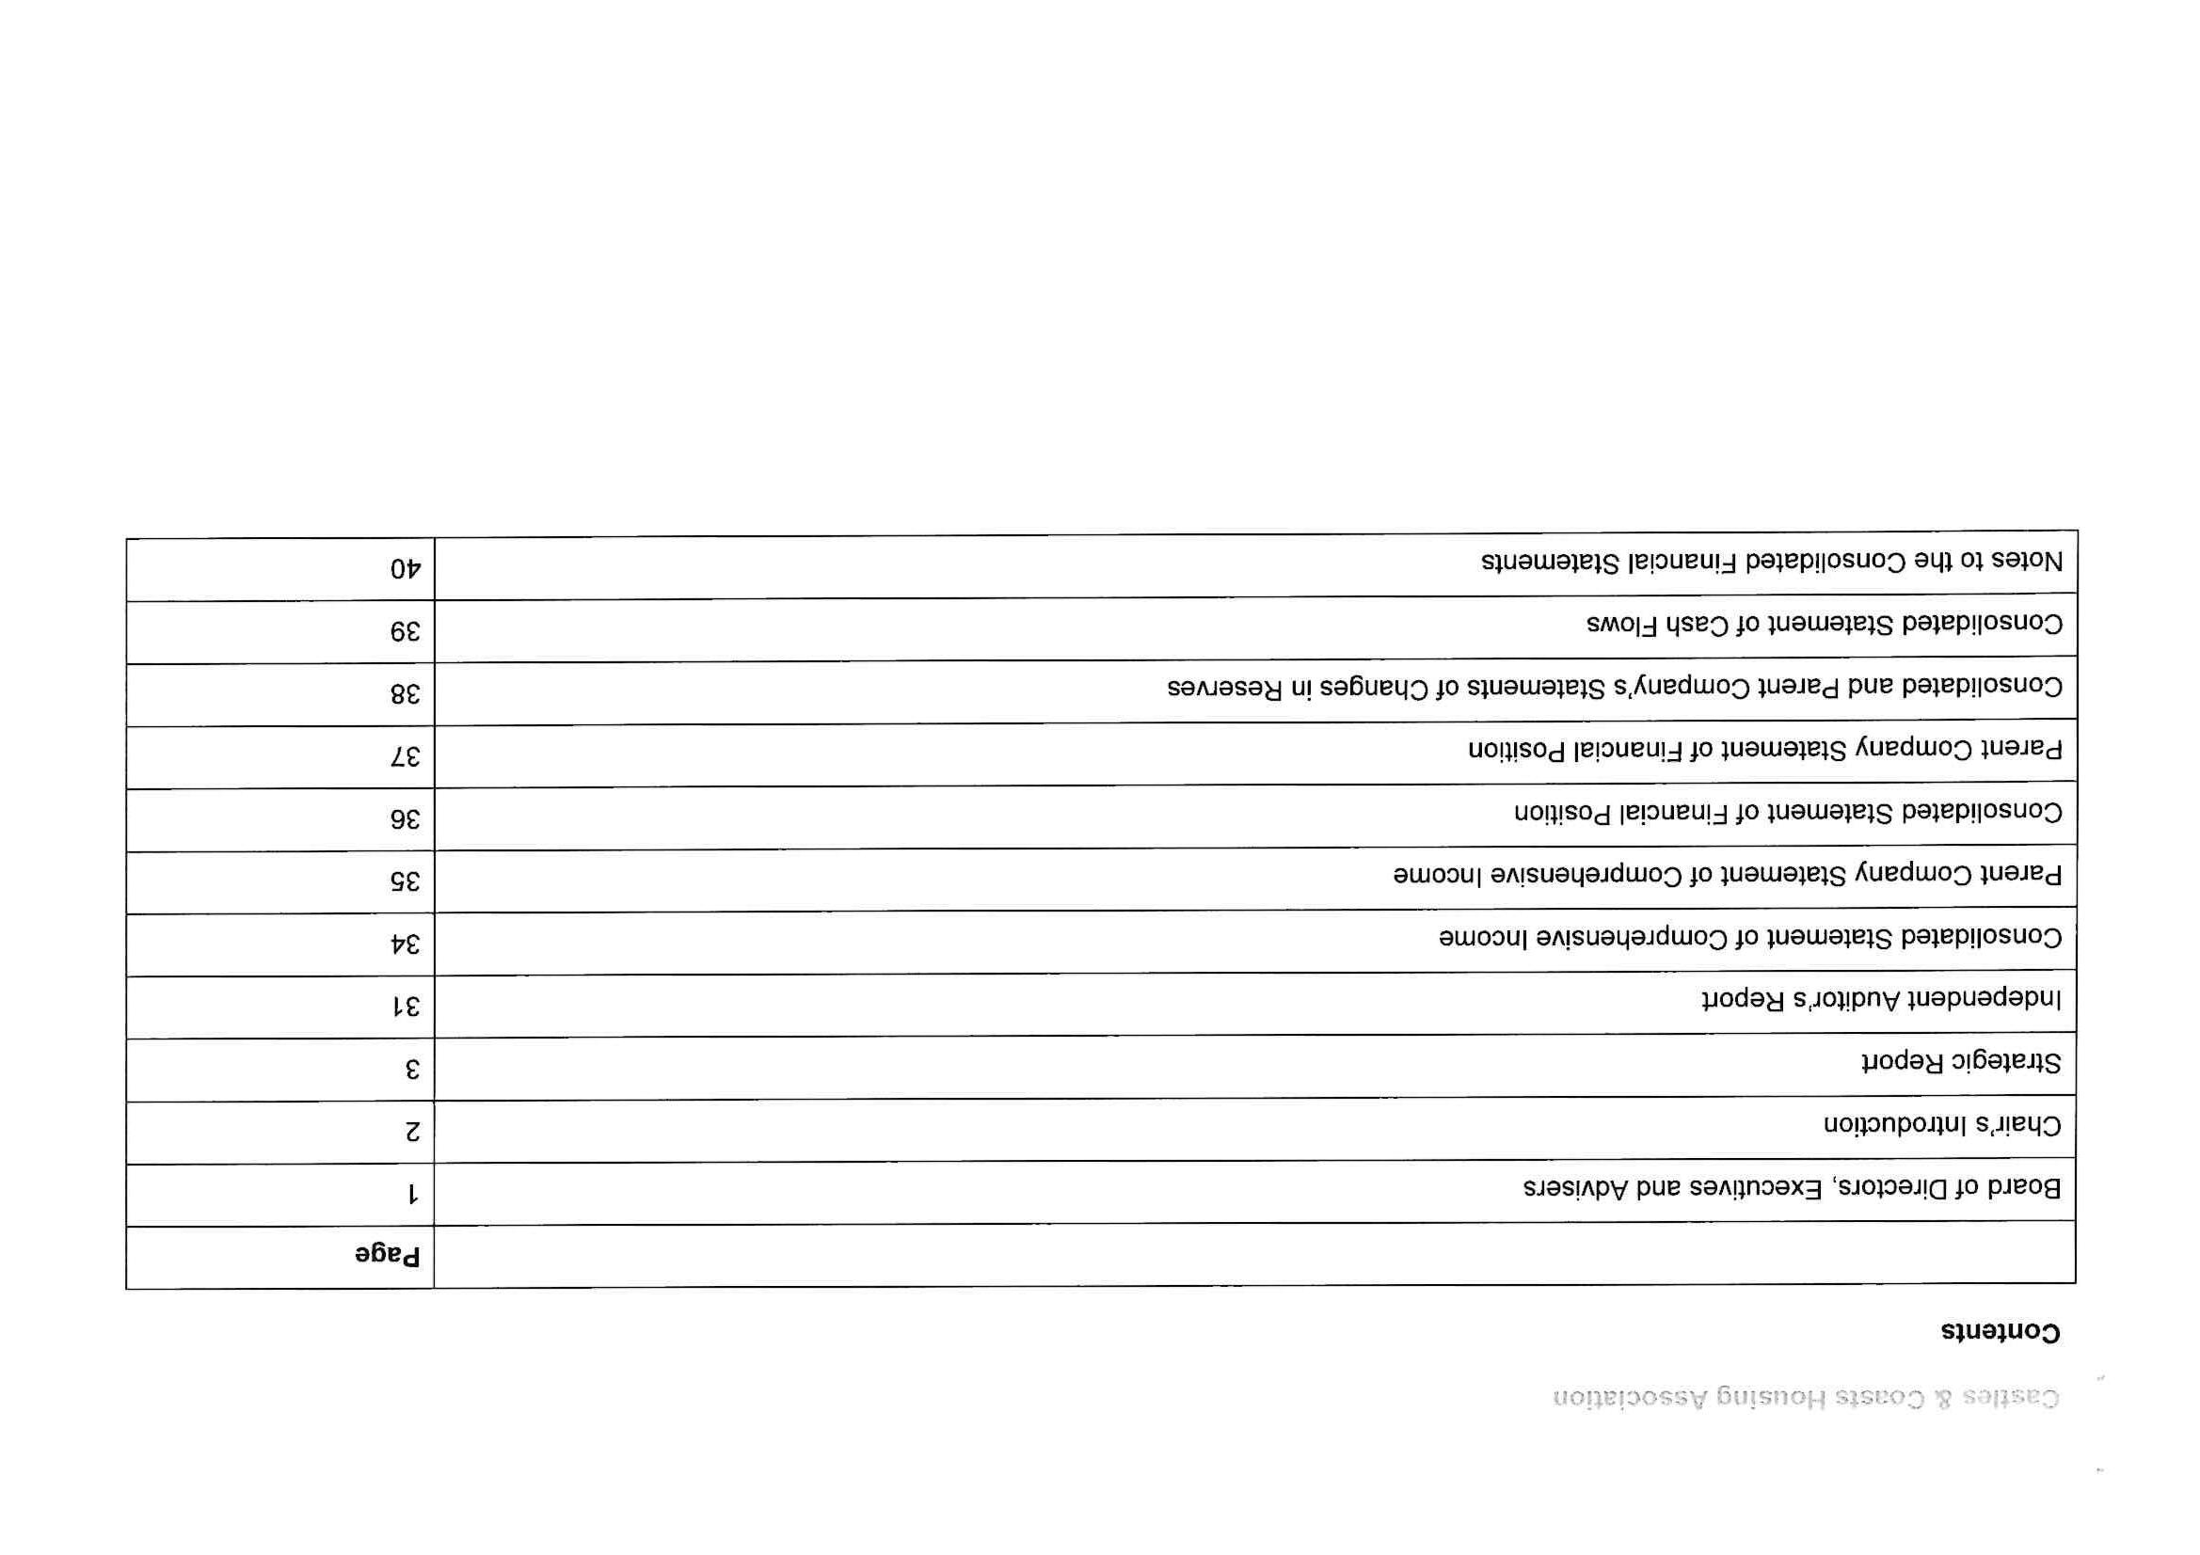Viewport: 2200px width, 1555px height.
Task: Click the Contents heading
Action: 2000,1333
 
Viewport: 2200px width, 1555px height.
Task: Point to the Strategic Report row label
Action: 1960,1062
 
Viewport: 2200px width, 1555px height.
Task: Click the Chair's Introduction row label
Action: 1941,1125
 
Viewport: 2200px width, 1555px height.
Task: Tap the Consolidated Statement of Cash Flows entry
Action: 1825,625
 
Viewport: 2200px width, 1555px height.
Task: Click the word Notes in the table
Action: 2026,562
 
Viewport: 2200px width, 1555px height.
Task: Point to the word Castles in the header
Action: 2017,1399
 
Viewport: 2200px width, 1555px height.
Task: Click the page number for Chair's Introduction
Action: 412,1132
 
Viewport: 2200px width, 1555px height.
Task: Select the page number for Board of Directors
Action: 413,1194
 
